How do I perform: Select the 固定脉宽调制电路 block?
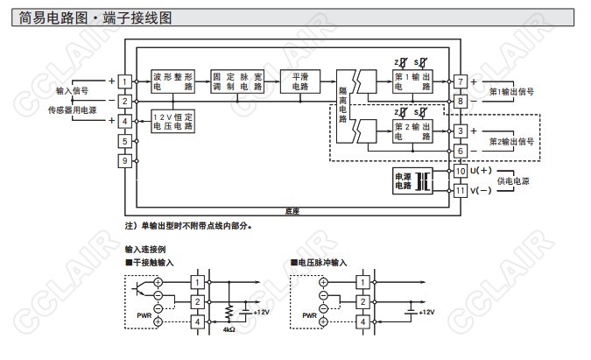tap(237, 81)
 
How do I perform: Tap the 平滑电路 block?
tap(300, 81)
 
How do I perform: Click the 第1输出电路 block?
tap(412, 81)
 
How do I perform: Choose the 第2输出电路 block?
tap(412, 131)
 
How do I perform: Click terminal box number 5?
tap(125, 141)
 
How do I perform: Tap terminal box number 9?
tap(125, 160)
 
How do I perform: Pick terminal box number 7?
tap(461, 81)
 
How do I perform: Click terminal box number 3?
tap(461, 131)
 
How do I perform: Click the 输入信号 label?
tap(71, 91)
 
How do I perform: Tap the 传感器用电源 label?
tap(72, 109)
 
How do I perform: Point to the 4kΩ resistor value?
tap(230, 332)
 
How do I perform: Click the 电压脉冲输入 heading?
tap(321, 261)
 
